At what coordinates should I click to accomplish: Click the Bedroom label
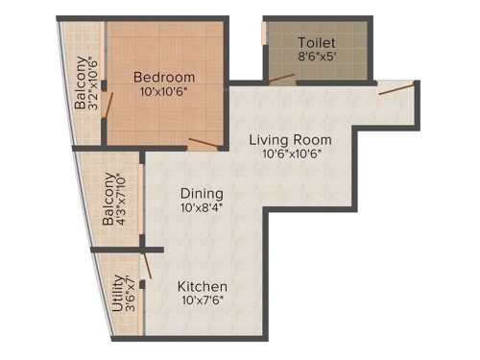pos(164,77)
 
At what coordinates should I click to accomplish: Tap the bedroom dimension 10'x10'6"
pos(164,93)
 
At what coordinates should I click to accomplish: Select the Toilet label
pos(317,43)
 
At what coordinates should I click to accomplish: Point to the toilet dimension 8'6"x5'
pos(317,59)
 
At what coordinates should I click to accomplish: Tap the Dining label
pos(201,192)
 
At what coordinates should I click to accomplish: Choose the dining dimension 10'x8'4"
pos(201,207)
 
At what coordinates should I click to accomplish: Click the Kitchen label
pos(202,286)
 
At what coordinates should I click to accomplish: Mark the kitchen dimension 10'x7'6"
pos(202,302)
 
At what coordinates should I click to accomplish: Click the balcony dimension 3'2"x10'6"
pos(93,84)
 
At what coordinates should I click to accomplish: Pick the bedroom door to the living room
pos(204,145)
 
